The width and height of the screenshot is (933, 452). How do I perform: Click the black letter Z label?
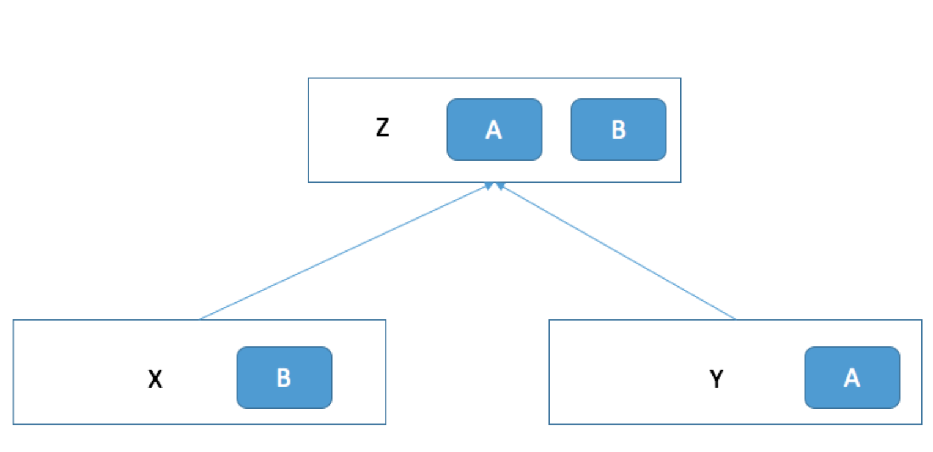pyautogui.click(x=382, y=128)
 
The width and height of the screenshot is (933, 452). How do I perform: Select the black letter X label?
pyautogui.click(x=155, y=379)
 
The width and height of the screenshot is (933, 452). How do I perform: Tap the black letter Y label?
pyautogui.click(x=717, y=379)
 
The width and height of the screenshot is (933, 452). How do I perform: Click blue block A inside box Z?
pyautogui.click(x=495, y=129)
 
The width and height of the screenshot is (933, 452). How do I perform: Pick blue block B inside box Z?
pyautogui.click(x=619, y=129)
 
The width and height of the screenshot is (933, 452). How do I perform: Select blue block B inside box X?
pyautogui.click(x=284, y=377)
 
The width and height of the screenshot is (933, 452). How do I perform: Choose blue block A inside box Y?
pyautogui.click(x=852, y=377)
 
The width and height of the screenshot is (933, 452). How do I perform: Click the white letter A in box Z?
pyautogui.click(x=493, y=129)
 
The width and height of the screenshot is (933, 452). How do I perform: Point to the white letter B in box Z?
pyautogui.click(x=619, y=129)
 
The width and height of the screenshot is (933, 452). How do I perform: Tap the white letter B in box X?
pyautogui.click(x=284, y=378)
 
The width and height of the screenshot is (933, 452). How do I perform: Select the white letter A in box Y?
pyautogui.click(x=852, y=378)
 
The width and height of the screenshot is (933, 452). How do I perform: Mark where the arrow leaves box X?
pyautogui.click(x=200, y=319)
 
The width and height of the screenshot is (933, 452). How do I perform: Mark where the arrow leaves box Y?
pyautogui.click(x=735, y=319)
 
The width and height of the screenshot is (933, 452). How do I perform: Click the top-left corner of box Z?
pyautogui.click(x=308, y=78)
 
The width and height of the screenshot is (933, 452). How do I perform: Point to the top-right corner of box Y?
pyautogui.click(x=922, y=320)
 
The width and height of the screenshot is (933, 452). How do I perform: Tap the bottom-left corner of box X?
pyautogui.click(x=13, y=424)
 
